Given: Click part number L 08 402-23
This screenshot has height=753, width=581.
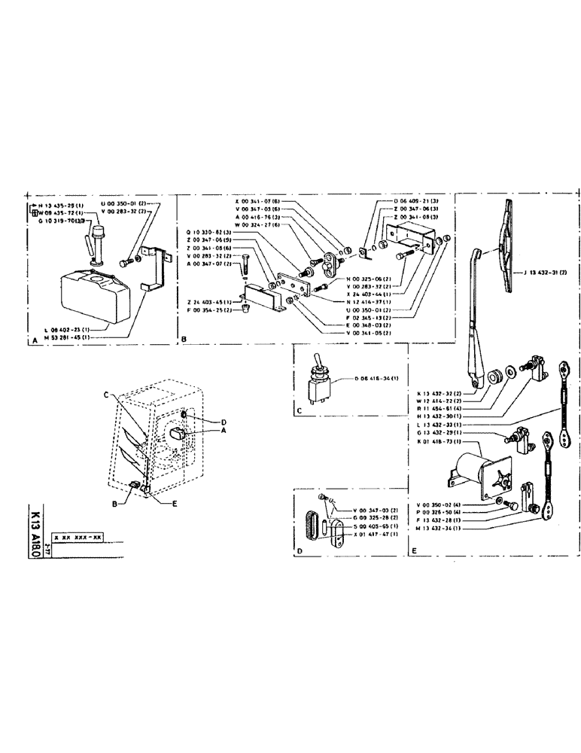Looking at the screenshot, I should [66, 330].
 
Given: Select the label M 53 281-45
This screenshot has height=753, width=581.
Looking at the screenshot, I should [66, 337].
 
